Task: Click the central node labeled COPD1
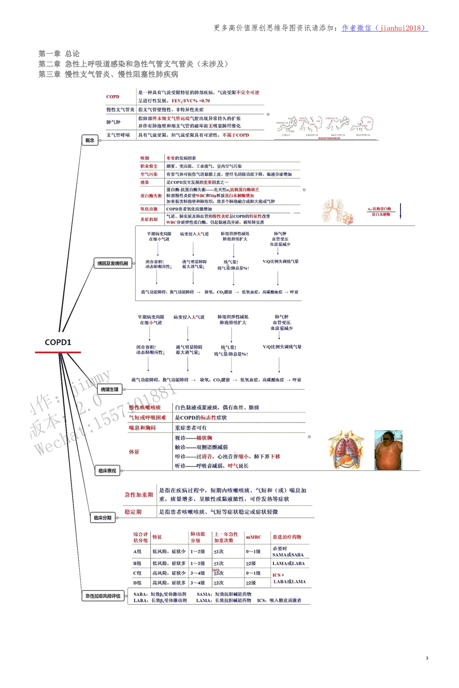point(58,342)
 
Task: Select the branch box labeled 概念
point(90,140)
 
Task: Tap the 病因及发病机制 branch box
point(113,263)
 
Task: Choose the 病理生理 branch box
point(109,389)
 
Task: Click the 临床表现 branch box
point(107,470)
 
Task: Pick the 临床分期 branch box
point(102,518)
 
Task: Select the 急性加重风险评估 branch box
point(103,596)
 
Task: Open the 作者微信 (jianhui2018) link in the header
point(385,28)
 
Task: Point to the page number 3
point(427,658)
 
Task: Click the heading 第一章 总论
point(59,54)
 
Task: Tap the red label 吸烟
point(145,158)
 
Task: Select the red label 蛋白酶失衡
point(151,195)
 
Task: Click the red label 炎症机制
point(149,219)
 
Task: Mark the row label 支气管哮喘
point(118,135)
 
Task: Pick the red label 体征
point(134,452)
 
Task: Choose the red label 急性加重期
point(139,495)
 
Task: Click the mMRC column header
point(254,537)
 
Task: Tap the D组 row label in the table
point(138,583)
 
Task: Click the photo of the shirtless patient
point(388,450)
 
